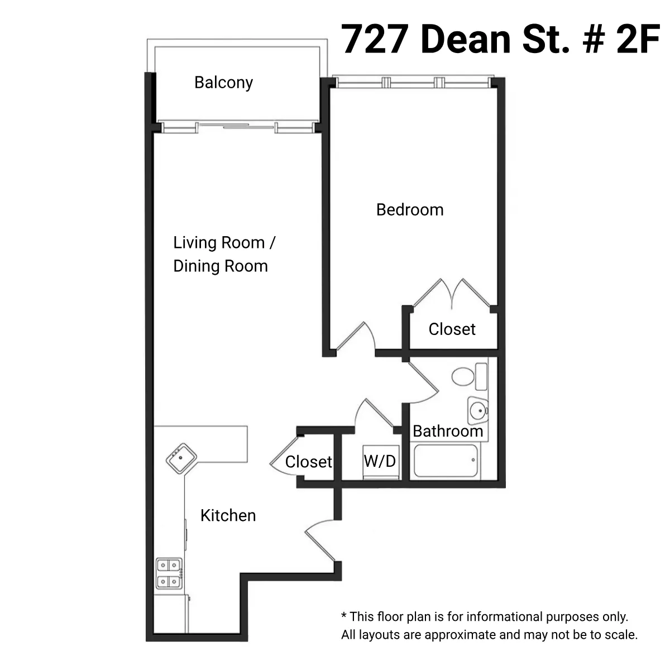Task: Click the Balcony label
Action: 223,83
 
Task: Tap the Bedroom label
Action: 410,210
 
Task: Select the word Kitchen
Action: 228,515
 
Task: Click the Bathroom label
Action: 447,431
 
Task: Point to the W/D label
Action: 380,461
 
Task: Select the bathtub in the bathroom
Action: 447,461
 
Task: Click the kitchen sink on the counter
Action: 181,458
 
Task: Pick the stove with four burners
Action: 169,573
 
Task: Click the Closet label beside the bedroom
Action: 452,329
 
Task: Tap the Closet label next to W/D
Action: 308,462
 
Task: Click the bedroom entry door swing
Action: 357,338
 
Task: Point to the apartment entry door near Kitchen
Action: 319,539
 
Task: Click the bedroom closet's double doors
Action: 452,293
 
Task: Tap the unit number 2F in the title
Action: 638,39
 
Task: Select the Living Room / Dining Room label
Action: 223,254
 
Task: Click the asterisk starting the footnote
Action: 344,616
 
